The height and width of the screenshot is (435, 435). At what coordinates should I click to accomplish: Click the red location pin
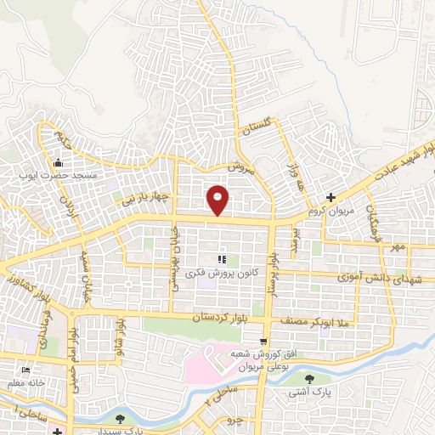tap(218, 199)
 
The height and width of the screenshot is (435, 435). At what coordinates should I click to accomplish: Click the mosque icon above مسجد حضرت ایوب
tap(59, 163)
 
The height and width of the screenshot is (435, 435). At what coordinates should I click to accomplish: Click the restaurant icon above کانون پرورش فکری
tap(221, 259)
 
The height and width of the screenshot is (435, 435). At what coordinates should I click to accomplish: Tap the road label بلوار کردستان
tap(227, 317)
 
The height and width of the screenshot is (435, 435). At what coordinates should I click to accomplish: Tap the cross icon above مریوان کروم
tap(342, 196)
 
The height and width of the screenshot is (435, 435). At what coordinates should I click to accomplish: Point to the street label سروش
tap(242, 168)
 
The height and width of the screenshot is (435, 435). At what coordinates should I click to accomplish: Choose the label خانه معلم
tap(26, 383)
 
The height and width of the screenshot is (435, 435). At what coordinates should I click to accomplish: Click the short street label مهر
tap(394, 246)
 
